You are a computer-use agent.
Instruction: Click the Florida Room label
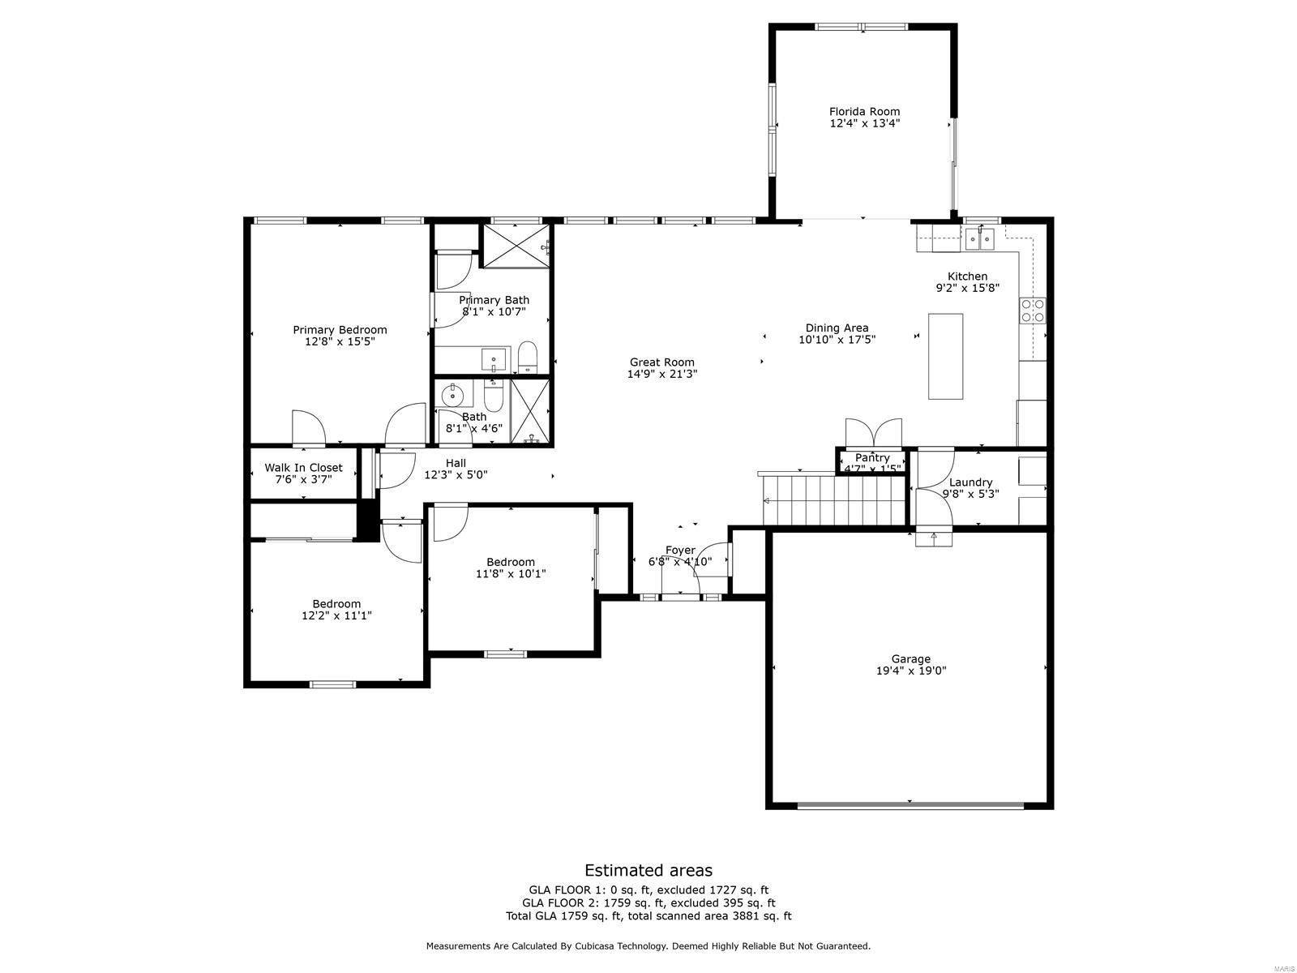click(864, 112)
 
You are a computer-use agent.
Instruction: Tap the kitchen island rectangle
click(945, 356)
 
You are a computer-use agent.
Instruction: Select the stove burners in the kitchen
click(1033, 311)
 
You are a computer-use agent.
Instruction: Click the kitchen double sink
click(980, 238)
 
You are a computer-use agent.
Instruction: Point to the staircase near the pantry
click(833, 500)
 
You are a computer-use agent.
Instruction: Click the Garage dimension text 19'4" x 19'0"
click(910, 671)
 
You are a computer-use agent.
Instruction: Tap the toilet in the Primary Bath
click(528, 357)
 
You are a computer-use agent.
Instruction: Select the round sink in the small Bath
click(452, 396)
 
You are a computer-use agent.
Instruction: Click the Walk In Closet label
click(303, 468)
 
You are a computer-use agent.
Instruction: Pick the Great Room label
click(662, 362)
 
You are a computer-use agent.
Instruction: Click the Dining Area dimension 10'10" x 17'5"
click(837, 340)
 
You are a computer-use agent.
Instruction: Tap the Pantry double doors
click(872, 432)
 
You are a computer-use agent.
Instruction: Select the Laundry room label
click(970, 482)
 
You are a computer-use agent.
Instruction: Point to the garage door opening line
click(910, 804)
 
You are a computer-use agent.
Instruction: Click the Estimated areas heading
click(648, 870)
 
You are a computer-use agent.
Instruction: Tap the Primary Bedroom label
click(340, 330)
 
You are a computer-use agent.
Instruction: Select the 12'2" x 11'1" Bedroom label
click(336, 610)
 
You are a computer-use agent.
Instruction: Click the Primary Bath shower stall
click(516, 244)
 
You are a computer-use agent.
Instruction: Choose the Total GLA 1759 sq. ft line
click(648, 916)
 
